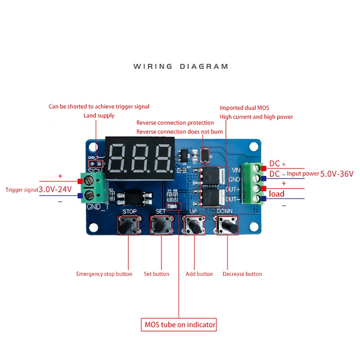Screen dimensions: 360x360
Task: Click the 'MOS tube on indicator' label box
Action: (x=179, y=324)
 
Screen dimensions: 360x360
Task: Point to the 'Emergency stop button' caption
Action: (x=104, y=274)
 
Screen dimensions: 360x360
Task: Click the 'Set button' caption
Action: (x=157, y=274)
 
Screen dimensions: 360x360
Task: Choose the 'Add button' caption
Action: (x=199, y=274)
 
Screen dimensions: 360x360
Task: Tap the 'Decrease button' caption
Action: (x=242, y=274)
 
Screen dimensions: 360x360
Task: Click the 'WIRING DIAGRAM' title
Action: (x=181, y=67)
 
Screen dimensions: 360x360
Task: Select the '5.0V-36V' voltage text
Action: (x=337, y=174)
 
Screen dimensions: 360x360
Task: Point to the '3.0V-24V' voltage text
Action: (x=55, y=189)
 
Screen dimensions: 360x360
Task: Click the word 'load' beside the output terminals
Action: (x=277, y=194)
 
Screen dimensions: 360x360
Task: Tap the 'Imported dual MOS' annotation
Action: (x=244, y=108)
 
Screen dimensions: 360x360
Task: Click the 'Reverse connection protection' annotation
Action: (x=175, y=123)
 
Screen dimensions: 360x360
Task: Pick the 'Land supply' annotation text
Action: (x=99, y=116)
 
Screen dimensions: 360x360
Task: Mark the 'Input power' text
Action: (x=303, y=174)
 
